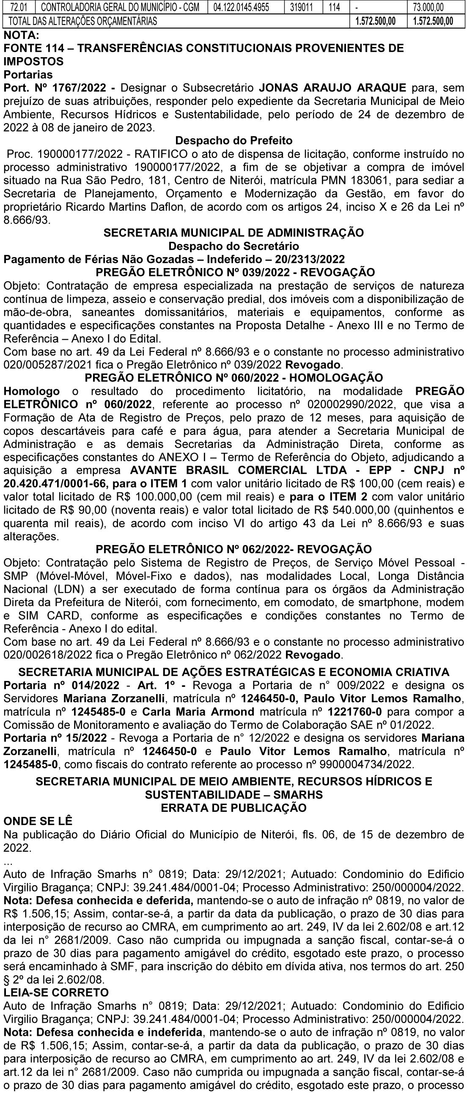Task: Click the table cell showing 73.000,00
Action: [x=428, y=7]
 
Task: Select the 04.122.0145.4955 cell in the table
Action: [x=241, y=7]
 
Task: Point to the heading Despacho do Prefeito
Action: [x=233, y=141]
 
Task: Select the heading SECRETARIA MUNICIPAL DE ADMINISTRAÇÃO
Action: [x=233, y=233]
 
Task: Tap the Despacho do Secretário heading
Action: [x=233, y=246]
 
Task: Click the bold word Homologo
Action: [x=31, y=391]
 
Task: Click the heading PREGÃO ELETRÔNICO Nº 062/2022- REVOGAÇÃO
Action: [x=233, y=549]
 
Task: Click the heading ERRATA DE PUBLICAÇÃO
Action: [x=233, y=808]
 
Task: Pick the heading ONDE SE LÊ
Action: [x=38, y=821]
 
